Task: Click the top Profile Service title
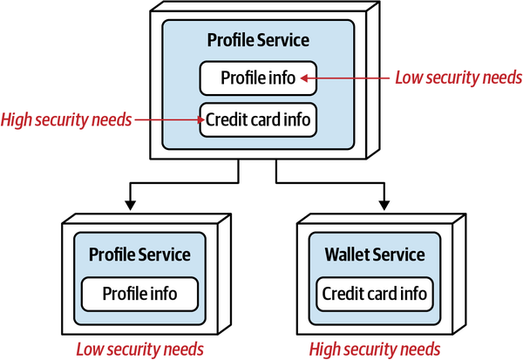257,40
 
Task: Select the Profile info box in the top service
257,78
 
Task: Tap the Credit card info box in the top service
257,119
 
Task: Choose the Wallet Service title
375,255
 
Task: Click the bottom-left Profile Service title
139,255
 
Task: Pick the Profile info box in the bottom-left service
139,294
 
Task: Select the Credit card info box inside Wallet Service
375,294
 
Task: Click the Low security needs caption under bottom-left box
139,349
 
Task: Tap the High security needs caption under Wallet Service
375,349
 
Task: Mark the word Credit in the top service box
226,119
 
